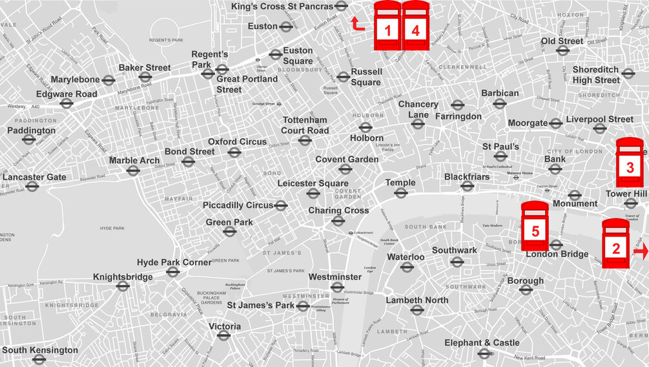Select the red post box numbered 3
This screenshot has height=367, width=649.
tap(630, 164)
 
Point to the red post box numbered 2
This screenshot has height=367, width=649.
tap(615, 244)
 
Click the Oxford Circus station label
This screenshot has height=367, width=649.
tap(237, 142)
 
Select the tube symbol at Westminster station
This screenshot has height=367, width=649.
tap(336, 288)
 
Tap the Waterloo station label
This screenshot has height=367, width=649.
tap(405, 257)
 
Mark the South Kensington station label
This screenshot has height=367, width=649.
tap(40, 350)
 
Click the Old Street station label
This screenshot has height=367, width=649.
tap(562, 41)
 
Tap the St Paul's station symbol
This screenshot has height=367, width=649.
tap(500, 156)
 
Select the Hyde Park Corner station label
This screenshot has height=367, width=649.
tap(174, 262)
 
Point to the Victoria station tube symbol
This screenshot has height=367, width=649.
tap(223, 335)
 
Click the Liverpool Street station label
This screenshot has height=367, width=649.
tap(599, 119)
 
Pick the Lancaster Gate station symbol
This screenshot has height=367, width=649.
tap(32, 187)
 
